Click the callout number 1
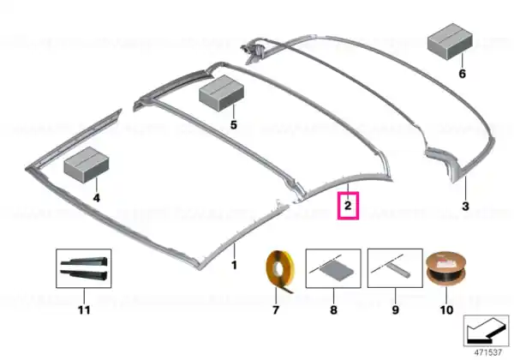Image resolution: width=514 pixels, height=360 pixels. click(234, 265)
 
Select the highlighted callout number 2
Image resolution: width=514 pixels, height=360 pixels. click(348, 206)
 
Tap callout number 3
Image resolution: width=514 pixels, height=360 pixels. click(465, 207)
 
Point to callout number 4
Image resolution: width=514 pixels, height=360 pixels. click(96, 198)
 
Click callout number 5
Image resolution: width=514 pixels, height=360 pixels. click(233, 125)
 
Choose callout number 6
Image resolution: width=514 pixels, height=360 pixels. click(462, 74)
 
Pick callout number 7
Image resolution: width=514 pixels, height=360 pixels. click(276, 309)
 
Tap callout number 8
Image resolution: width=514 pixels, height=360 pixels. click(333, 309)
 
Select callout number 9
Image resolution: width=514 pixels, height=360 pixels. click(395, 309)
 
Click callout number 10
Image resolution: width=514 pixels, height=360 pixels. click(446, 309)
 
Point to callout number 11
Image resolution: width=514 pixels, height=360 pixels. click(84, 309)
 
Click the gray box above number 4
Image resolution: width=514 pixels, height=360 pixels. click(87, 164)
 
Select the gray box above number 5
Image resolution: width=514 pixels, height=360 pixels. click(222, 92)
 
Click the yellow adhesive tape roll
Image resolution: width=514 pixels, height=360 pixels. click(279, 271)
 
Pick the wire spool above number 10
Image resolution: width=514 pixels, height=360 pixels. click(445, 269)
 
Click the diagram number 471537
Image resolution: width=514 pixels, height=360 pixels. click(488, 352)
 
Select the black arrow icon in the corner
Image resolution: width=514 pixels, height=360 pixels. click(486, 331)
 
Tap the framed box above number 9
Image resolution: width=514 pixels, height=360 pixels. click(395, 268)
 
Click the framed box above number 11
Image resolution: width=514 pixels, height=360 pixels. click(84, 268)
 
